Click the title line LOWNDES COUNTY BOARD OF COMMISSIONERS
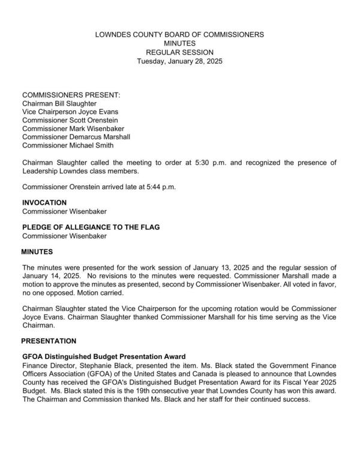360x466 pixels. coord(179,35)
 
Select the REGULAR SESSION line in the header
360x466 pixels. coord(179,52)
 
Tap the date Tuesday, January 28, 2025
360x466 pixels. coord(179,61)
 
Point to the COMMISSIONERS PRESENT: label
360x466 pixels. coord(71,95)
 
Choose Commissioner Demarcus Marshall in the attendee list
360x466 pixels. coord(76,137)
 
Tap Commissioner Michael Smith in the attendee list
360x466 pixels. coord(68,145)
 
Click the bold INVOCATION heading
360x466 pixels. coord(44,203)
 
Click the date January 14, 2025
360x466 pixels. coord(47,275)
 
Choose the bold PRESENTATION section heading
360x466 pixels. coord(49,340)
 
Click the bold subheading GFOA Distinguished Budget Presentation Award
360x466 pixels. coord(104,356)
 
